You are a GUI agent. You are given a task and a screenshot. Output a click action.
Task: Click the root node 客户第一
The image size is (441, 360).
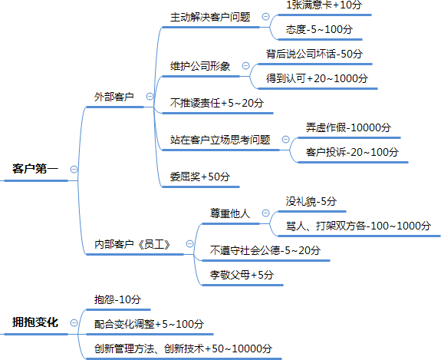pyautogui.click(x=35, y=169)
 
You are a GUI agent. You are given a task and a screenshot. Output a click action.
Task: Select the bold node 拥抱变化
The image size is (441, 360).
pyautogui.click(x=35, y=322)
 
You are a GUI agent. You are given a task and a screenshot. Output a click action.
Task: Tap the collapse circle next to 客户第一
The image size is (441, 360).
pyautogui.click(x=74, y=169)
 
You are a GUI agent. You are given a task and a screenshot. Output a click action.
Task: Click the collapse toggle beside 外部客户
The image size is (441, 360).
pyautogui.click(x=150, y=97)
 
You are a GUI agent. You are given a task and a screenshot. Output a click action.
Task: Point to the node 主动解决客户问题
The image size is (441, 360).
pyautogui.click(x=210, y=17)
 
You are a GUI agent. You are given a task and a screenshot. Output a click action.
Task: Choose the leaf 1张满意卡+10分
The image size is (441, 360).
pyautogui.click(x=324, y=5)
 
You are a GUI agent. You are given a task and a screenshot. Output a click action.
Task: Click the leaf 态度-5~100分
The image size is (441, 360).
pyautogui.click(x=319, y=29)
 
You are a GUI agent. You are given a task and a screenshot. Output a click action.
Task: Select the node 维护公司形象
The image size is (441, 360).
pyautogui.click(x=200, y=66)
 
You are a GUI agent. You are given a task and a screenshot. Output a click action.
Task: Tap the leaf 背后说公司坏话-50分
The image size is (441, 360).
pyautogui.click(x=314, y=54)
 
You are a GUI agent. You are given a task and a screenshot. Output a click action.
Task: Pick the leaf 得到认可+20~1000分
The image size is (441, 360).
pyautogui.click(x=317, y=78)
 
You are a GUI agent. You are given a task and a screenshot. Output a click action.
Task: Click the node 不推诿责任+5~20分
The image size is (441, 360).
pyautogui.click(x=217, y=103)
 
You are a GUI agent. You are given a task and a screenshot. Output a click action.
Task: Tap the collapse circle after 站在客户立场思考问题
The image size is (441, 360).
pyautogui.click(x=285, y=140)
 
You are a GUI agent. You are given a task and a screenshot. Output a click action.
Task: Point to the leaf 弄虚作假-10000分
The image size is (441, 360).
pyautogui.click(x=348, y=127)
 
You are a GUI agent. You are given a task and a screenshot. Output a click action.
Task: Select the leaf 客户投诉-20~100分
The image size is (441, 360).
pyautogui.click(x=352, y=152)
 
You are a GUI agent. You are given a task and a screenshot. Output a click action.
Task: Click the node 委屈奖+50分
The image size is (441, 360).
pyautogui.click(x=200, y=177)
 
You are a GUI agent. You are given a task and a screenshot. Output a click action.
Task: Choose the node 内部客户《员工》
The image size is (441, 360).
pyautogui.click(x=133, y=244)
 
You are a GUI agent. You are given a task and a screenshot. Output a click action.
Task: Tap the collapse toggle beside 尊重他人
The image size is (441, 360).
pyautogui.click(x=265, y=213)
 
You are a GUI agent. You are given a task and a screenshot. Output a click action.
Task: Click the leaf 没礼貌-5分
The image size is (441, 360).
pyautogui.click(x=311, y=201)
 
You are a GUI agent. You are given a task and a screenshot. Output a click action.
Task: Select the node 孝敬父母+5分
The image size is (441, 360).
pyautogui.click(x=242, y=275)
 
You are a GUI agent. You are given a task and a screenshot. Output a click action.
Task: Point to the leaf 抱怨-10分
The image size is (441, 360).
pyautogui.click(x=117, y=299)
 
